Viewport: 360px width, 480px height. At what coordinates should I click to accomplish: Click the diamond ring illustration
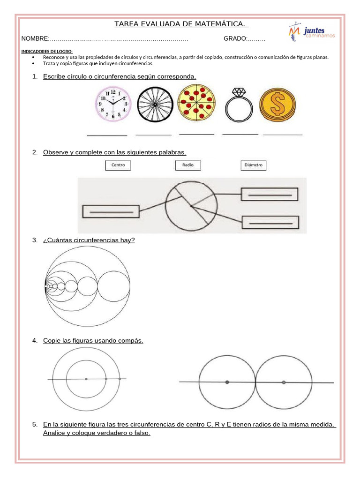point(239,105)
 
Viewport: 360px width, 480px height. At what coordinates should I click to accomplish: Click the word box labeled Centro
point(118,165)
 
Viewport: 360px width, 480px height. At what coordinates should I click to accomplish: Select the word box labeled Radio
point(188,165)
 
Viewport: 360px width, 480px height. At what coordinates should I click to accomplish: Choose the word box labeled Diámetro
point(253,165)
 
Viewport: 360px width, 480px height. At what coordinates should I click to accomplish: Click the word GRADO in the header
point(235,38)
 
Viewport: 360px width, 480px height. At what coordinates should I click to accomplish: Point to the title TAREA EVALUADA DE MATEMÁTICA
point(181,24)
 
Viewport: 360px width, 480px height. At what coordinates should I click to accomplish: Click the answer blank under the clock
point(107,135)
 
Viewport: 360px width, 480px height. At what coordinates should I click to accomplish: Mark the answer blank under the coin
point(283,134)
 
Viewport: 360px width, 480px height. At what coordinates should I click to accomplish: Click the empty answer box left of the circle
point(111,211)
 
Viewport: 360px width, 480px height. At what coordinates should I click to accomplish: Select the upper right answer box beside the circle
point(269,194)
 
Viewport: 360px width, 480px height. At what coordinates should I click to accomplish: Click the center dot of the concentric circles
point(86,379)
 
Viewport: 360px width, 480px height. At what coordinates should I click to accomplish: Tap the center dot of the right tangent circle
point(284,382)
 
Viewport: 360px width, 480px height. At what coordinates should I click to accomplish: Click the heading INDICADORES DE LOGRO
point(47,52)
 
